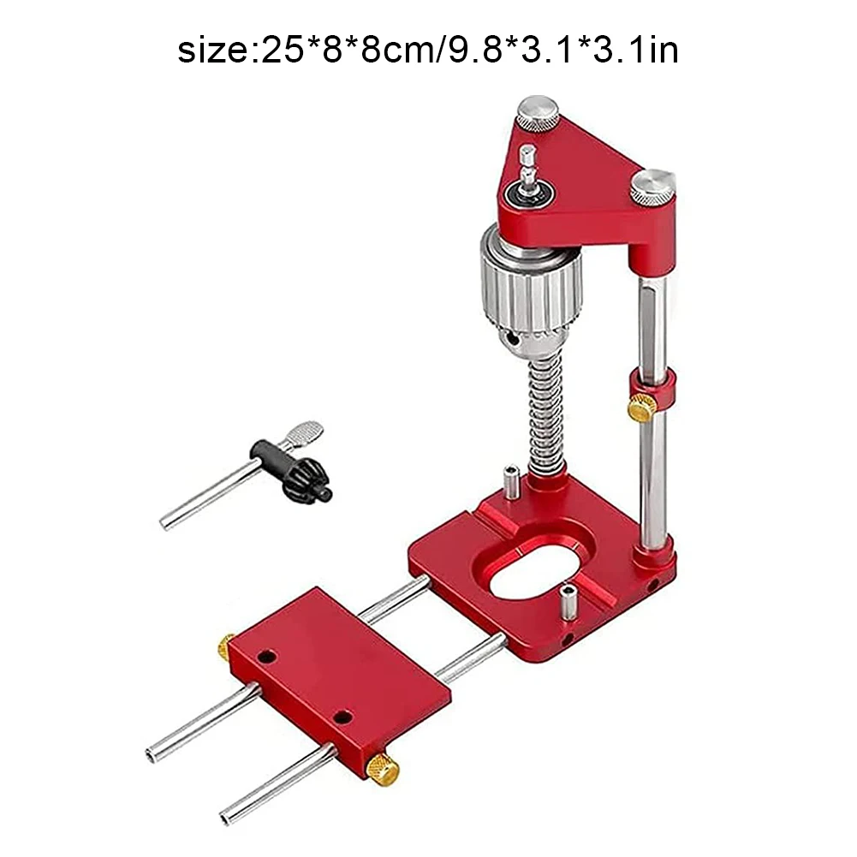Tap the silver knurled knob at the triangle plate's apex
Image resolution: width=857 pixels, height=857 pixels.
(537, 113)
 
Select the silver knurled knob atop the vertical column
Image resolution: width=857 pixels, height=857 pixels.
(652, 187)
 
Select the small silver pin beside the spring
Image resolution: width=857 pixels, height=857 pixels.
(511, 482)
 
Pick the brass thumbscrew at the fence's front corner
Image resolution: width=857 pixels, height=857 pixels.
(382, 768)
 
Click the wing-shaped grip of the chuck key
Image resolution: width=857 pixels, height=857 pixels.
(302, 434)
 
